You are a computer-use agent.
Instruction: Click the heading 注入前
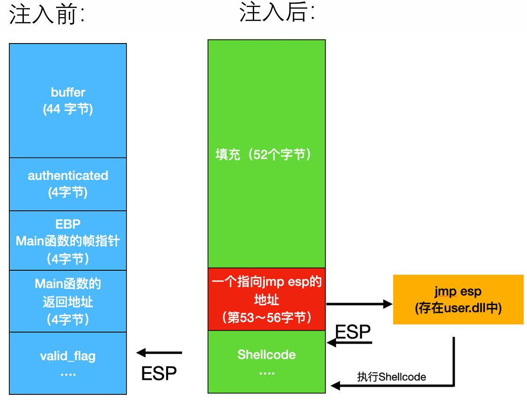(x=47, y=15)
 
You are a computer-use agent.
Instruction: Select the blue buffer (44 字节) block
(x=68, y=101)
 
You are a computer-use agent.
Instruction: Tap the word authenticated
(x=68, y=176)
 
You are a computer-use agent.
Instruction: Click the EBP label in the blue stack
(x=68, y=224)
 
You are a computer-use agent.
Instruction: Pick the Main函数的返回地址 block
(x=68, y=301)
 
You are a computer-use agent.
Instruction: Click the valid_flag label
(x=68, y=356)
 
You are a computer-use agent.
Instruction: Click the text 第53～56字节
(x=267, y=318)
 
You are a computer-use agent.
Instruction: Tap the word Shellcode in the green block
(x=266, y=355)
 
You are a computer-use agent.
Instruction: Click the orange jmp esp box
(x=458, y=300)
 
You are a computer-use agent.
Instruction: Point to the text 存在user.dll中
(x=458, y=308)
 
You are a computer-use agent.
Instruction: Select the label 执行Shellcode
(x=391, y=377)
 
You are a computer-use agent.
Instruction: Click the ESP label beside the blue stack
(x=159, y=373)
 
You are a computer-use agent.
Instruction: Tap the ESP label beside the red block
(x=353, y=332)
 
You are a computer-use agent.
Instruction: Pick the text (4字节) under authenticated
(x=68, y=193)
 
